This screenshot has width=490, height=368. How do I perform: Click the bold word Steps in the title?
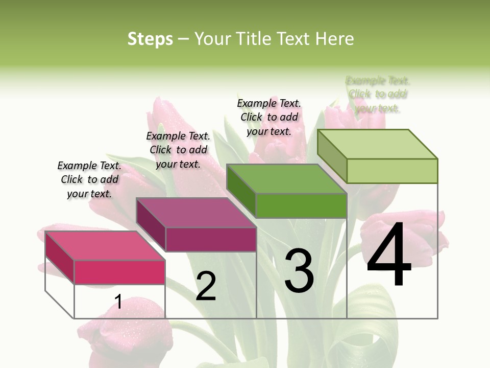pos(150,39)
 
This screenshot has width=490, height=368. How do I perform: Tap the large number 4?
pos(389,256)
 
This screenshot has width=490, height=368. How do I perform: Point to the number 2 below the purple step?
pos(206,286)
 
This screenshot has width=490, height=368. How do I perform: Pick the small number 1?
pos(118,302)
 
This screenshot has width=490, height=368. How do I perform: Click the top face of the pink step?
pos(105,245)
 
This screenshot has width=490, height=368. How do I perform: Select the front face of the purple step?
pos(211,239)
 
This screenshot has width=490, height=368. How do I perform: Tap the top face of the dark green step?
pos(286,179)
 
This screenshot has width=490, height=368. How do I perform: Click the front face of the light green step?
pos(392,171)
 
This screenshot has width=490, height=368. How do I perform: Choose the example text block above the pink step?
pos(89,179)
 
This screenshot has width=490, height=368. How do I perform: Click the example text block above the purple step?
pos(178,150)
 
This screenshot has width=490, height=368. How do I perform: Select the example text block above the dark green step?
pos(269,117)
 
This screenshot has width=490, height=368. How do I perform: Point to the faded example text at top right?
pos(378,95)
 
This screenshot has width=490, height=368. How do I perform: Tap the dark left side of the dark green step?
pos(241,190)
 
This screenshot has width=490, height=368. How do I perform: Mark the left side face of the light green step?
pos(332,153)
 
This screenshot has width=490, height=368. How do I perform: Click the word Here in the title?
pos(335,39)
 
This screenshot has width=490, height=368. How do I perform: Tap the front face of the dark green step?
pos(301,206)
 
